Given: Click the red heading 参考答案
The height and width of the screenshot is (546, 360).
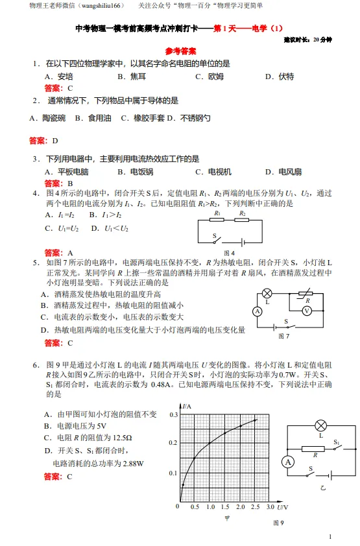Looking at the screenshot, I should (180, 51).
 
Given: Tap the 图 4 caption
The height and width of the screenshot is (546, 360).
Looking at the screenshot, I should (229, 253).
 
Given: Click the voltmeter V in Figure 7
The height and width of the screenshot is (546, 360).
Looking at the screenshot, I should (307, 311).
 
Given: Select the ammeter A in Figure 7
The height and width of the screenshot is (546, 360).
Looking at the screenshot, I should (258, 311).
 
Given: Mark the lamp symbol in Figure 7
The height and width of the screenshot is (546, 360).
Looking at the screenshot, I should (267, 294).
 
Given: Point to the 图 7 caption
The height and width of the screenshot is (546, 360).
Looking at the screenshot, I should (283, 336).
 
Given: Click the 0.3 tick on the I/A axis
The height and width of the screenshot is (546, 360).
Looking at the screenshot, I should (173, 414).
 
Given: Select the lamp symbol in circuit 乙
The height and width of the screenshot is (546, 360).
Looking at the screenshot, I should (320, 425).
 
